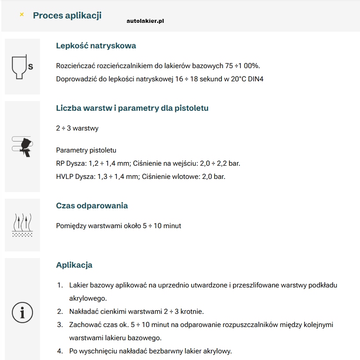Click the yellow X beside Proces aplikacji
(x=22, y=15)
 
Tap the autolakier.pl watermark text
(x=145, y=21)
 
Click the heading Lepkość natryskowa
(x=96, y=46)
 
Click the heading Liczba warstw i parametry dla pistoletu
(x=132, y=108)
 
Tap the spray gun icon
(x=23, y=146)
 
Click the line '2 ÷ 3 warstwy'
(x=77, y=128)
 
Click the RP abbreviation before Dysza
(x=61, y=163)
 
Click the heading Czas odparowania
(x=92, y=206)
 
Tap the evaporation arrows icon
(x=22, y=225)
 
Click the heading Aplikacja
(x=74, y=265)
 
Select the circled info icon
(x=22, y=313)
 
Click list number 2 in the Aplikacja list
(x=60, y=312)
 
